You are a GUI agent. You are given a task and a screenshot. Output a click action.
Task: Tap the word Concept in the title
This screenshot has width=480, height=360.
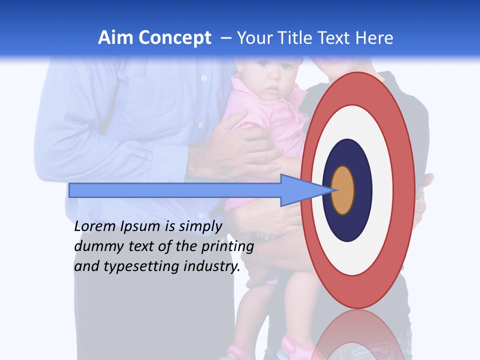175,38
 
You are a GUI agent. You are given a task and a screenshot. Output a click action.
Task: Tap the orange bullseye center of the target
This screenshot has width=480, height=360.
343,190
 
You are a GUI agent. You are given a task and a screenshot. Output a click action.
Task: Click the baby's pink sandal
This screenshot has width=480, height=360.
292,347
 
